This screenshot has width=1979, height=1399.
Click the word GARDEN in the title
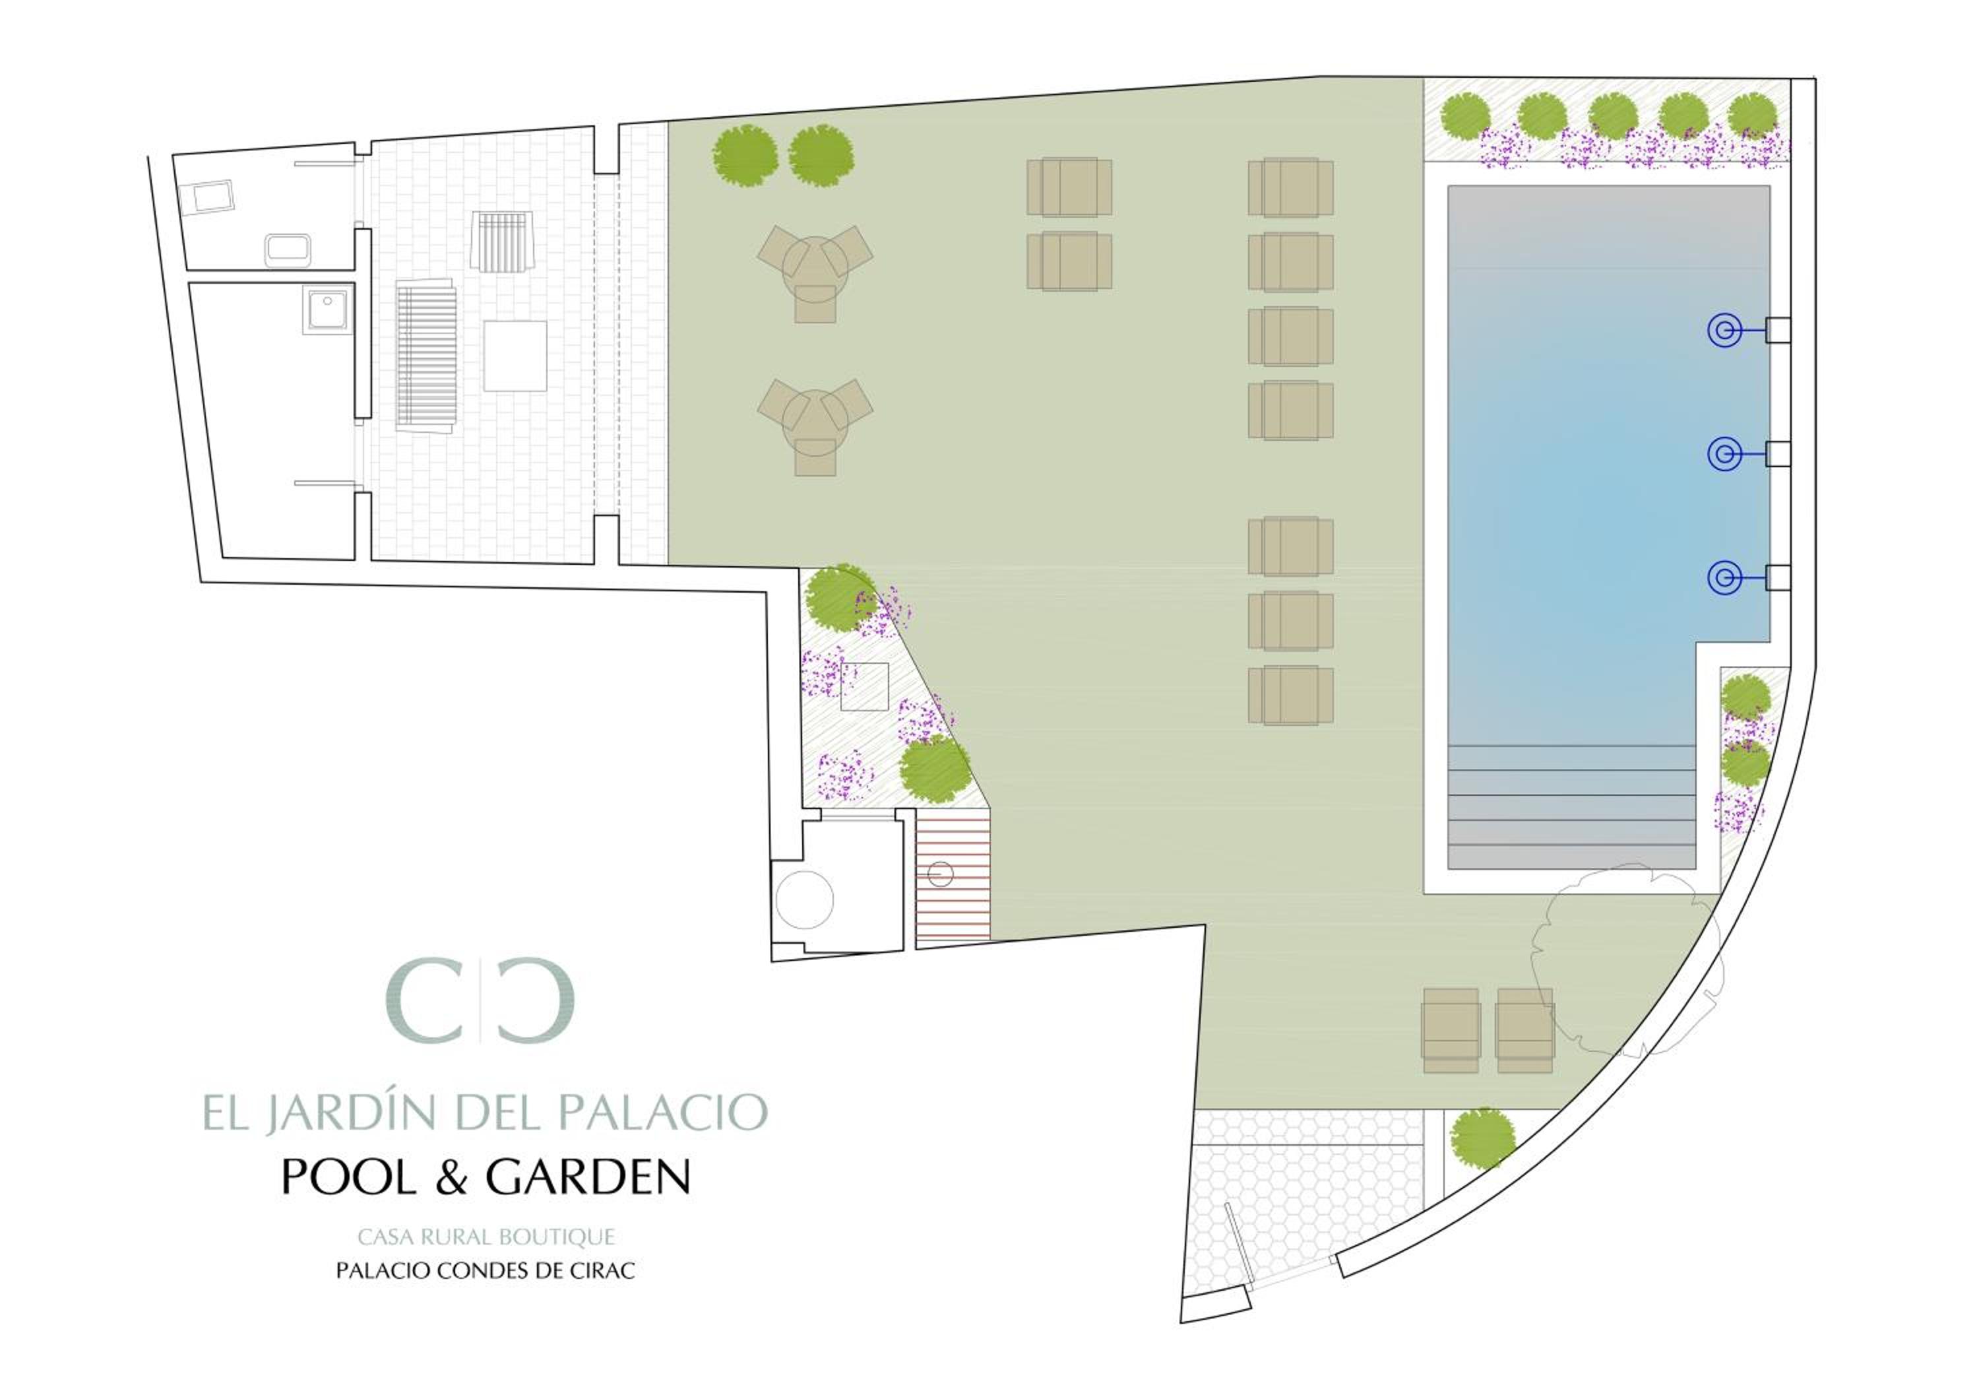tap(588, 1177)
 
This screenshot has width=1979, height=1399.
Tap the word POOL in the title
tap(349, 1177)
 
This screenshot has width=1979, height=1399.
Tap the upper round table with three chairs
tap(815, 271)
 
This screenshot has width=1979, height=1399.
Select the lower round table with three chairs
tap(815, 425)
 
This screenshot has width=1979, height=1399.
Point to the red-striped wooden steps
tap(953, 874)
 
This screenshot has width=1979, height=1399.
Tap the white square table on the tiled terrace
tap(515, 356)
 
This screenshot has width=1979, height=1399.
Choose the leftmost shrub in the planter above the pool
tap(1465, 115)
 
